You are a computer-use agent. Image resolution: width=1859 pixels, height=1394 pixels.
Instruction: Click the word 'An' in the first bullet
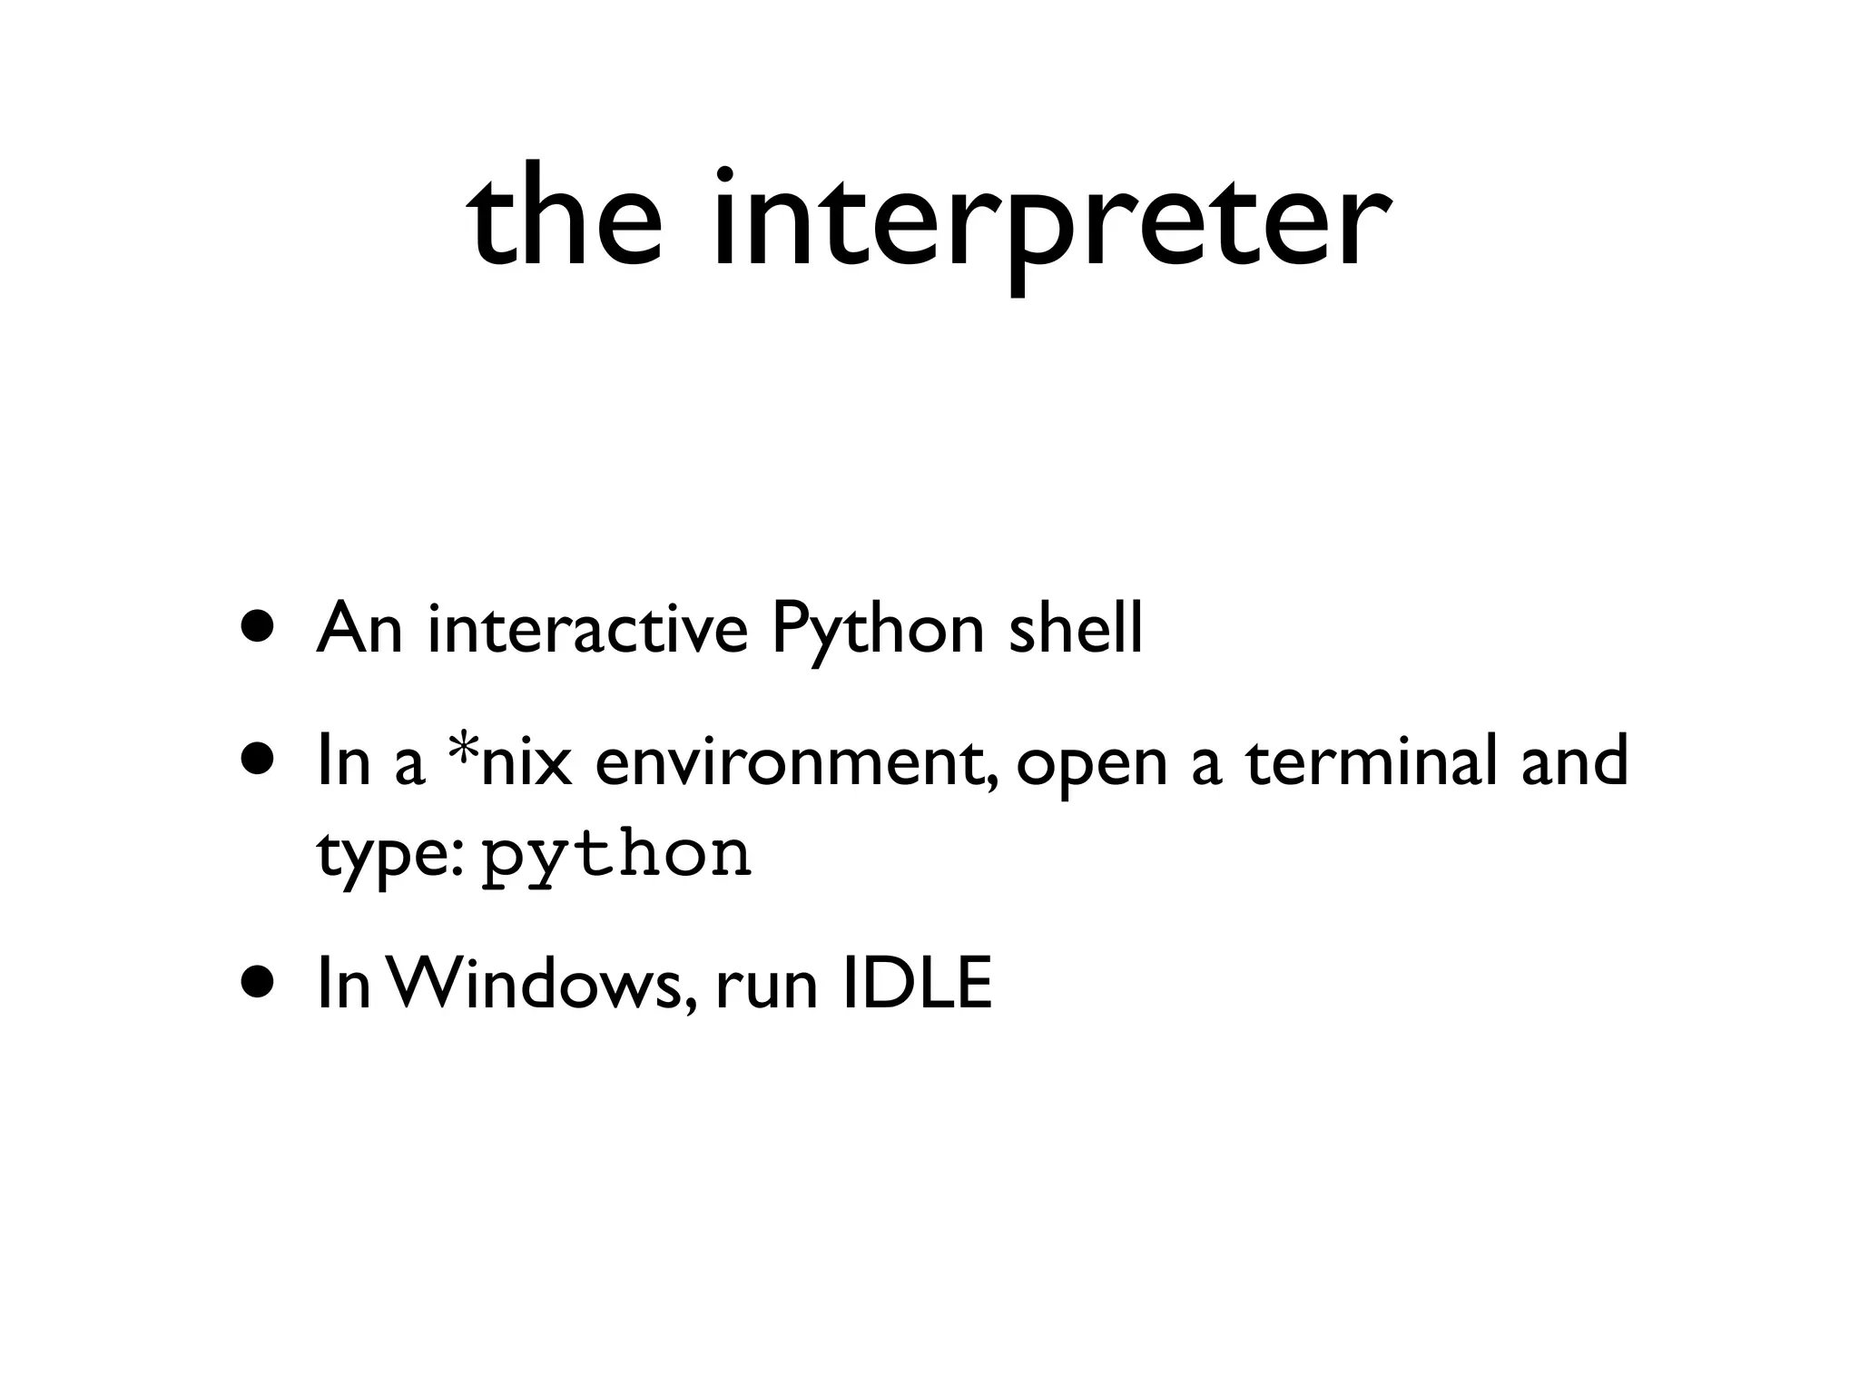(359, 628)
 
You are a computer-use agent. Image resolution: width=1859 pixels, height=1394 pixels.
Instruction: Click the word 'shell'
(1075, 628)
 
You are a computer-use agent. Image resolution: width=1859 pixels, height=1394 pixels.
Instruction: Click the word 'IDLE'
(917, 984)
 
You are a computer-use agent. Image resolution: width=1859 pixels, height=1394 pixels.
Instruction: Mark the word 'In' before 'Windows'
(343, 984)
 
